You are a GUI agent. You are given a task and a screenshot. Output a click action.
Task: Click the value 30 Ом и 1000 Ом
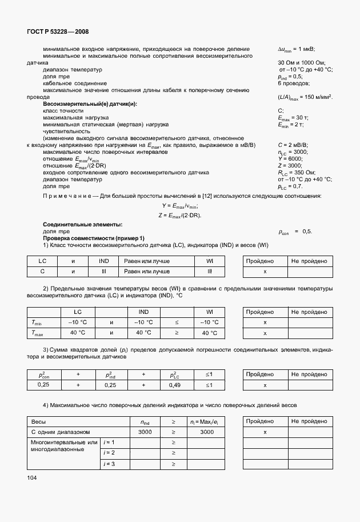[301, 62]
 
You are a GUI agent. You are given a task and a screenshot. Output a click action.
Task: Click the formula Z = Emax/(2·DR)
[179, 215]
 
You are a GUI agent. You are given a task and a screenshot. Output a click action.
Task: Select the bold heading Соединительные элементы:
[83, 225]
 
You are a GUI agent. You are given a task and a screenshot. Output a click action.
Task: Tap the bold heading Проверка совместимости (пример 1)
[94, 238]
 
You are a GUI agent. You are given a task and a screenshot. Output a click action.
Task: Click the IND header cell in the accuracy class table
[95, 261]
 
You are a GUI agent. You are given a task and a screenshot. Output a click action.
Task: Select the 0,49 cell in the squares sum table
[174, 385]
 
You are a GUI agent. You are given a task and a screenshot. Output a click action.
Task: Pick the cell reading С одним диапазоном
[61, 432]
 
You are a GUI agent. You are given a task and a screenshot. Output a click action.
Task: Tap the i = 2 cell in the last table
[109, 453]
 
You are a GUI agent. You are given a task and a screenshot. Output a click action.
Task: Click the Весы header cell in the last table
[38, 421]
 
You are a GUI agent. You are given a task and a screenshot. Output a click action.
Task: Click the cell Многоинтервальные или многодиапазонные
[64, 446]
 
